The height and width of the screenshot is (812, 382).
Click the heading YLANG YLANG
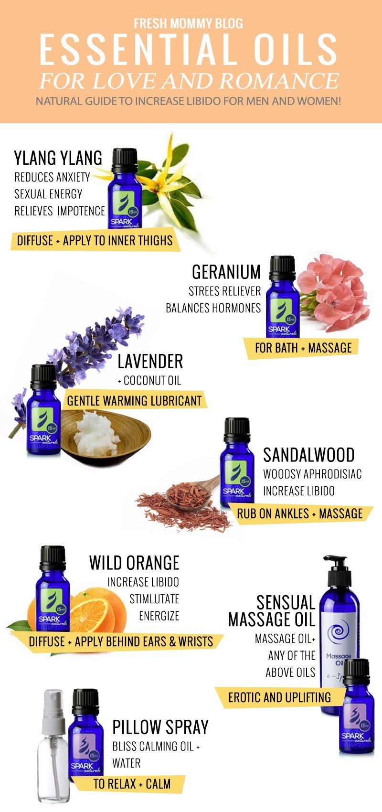(58, 158)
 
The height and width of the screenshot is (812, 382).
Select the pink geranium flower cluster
(333, 292)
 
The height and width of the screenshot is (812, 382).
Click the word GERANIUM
(226, 272)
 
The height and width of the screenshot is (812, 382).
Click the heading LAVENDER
(150, 362)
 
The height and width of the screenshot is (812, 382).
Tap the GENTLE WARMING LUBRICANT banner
(135, 401)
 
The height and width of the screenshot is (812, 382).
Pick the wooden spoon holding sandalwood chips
(192, 493)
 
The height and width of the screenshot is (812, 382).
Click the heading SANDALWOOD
(309, 455)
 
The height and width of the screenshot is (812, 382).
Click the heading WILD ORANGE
(134, 563)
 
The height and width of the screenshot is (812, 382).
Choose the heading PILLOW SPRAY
(160, 727)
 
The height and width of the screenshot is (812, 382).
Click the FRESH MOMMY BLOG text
(189, 23)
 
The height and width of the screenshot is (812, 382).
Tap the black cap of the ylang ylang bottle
(125, 160)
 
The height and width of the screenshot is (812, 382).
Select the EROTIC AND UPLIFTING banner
(279, 697)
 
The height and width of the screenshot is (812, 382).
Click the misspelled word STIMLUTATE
(154, 599)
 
